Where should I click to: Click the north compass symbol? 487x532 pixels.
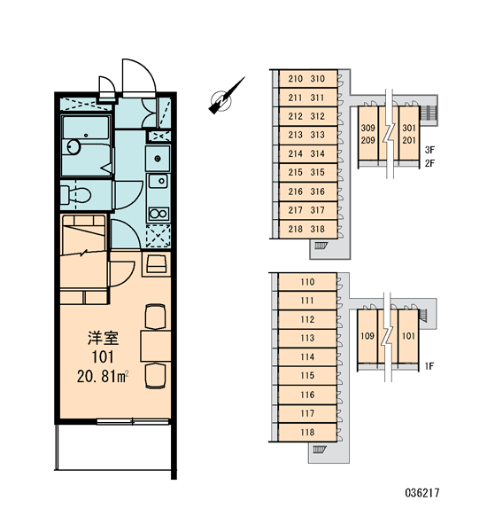[x=224, y=98]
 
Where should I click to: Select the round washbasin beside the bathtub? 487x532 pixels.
[x=73, y=147]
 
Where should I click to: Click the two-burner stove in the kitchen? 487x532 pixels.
[x=158, y=214]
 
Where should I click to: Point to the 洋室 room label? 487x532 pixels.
[x=103, y=339]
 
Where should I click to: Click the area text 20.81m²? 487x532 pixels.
[x=103, y=377]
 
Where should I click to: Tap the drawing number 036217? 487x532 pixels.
[x=422, y=493]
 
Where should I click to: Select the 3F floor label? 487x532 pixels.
[x=429, y=150]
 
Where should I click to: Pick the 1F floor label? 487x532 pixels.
[x=429, y=366]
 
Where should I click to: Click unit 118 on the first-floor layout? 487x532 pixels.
[x=307, y=433]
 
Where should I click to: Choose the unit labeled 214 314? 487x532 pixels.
[x=308, y=153]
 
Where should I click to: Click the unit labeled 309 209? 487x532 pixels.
[x=368, y=134]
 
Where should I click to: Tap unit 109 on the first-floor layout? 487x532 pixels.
[x=367, y=336]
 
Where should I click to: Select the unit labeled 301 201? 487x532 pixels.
[x=409, y=134]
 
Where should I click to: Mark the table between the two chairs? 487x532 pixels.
[x=156, y=346]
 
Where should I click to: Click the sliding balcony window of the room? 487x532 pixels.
[x=133, y=422]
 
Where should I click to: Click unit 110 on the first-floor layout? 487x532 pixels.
[x=307, y=282]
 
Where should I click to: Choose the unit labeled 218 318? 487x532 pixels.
[x=308, y=229]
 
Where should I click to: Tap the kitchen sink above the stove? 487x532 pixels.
[x=158, y=181]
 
